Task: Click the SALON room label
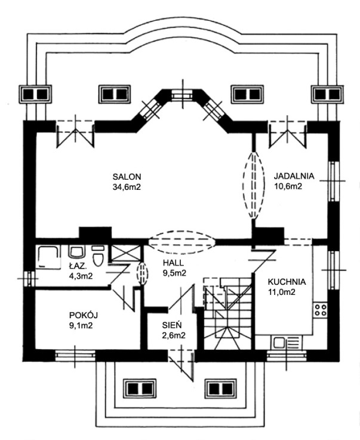(126, 176)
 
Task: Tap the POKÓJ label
(82, 315)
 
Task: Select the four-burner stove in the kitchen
(319, 310)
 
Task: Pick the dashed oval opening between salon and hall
(182, 241)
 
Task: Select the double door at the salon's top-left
(75, 133)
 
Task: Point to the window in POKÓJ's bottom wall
(75, 355)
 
